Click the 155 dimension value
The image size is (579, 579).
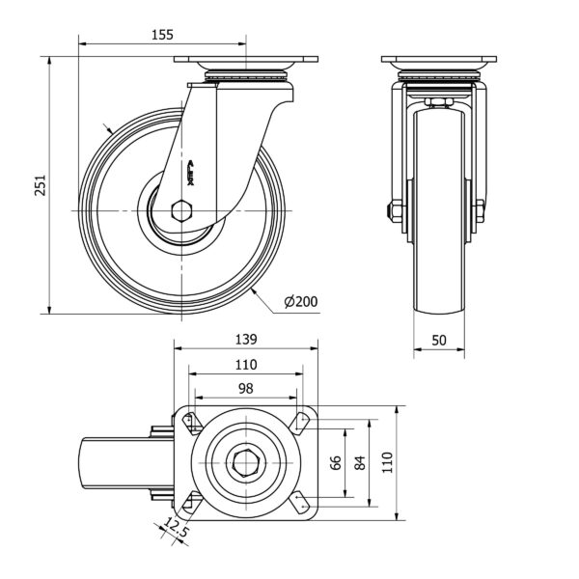pyautogui.click(x=162, y=35)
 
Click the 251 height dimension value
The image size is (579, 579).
pyautogui.click(x=40, y=185)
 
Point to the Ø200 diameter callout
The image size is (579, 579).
pyautogui.click(x=300, y=302)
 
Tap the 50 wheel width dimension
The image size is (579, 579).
pyautogui.click(x=438, y=340)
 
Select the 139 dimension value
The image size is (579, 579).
pyautogui.click(x=245, y=339)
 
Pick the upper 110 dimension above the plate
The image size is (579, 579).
pyautogui.click(x=245, y=364)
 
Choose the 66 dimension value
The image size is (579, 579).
pyautogui.click(x=336, y=462)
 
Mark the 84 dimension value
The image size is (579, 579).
pyautogui.click(x=360, y=462)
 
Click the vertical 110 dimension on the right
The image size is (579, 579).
pyautogui.click(x=387, y=462)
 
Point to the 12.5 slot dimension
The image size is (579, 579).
pyautogui.click(x=175, y=528)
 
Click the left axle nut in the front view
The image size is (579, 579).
pyautogui.click(x=397, y=211)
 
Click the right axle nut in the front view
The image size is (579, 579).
pyautogui.click(x=479, y=211)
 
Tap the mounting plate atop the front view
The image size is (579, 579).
pyautogui.click(x=438, y=61)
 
